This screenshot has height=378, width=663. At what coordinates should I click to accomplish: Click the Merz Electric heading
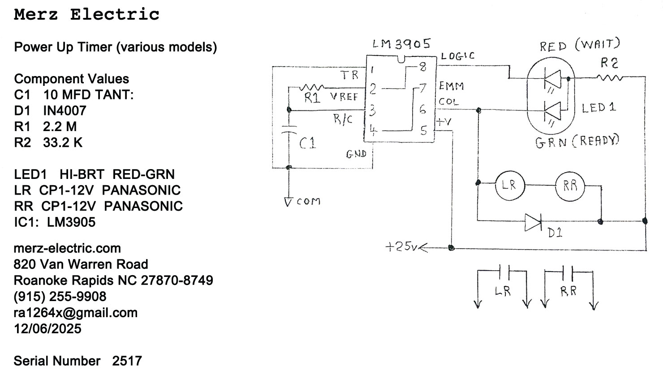point(87,15)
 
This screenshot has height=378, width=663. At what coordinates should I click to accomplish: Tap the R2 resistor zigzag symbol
point(609,78)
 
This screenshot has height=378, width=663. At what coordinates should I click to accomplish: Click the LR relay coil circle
point(509,185)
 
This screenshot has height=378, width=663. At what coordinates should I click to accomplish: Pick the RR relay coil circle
point(570,186)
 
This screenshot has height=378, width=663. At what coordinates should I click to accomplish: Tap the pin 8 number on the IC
point(422,68)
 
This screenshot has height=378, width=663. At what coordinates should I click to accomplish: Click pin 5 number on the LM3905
point(423,131)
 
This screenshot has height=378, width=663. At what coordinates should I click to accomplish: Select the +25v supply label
point(401,246)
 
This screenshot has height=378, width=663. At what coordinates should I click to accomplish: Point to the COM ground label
point(309,202)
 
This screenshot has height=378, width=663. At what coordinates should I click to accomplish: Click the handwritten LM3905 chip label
point(401,44)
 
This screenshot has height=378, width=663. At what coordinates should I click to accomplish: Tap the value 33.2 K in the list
point(63,143)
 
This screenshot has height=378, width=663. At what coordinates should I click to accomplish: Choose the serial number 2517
point(127,361)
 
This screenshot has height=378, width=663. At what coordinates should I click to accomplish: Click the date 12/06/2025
point(47,329)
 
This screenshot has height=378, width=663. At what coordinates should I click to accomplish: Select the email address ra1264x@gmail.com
point(76,313)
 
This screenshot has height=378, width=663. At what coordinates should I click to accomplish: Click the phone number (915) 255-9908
point(60,297)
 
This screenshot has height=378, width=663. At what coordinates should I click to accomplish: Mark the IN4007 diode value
point(65,110)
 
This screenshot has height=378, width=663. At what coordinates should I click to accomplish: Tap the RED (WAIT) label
point(580,45)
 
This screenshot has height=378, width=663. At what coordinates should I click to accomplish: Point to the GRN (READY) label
point(577,142)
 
